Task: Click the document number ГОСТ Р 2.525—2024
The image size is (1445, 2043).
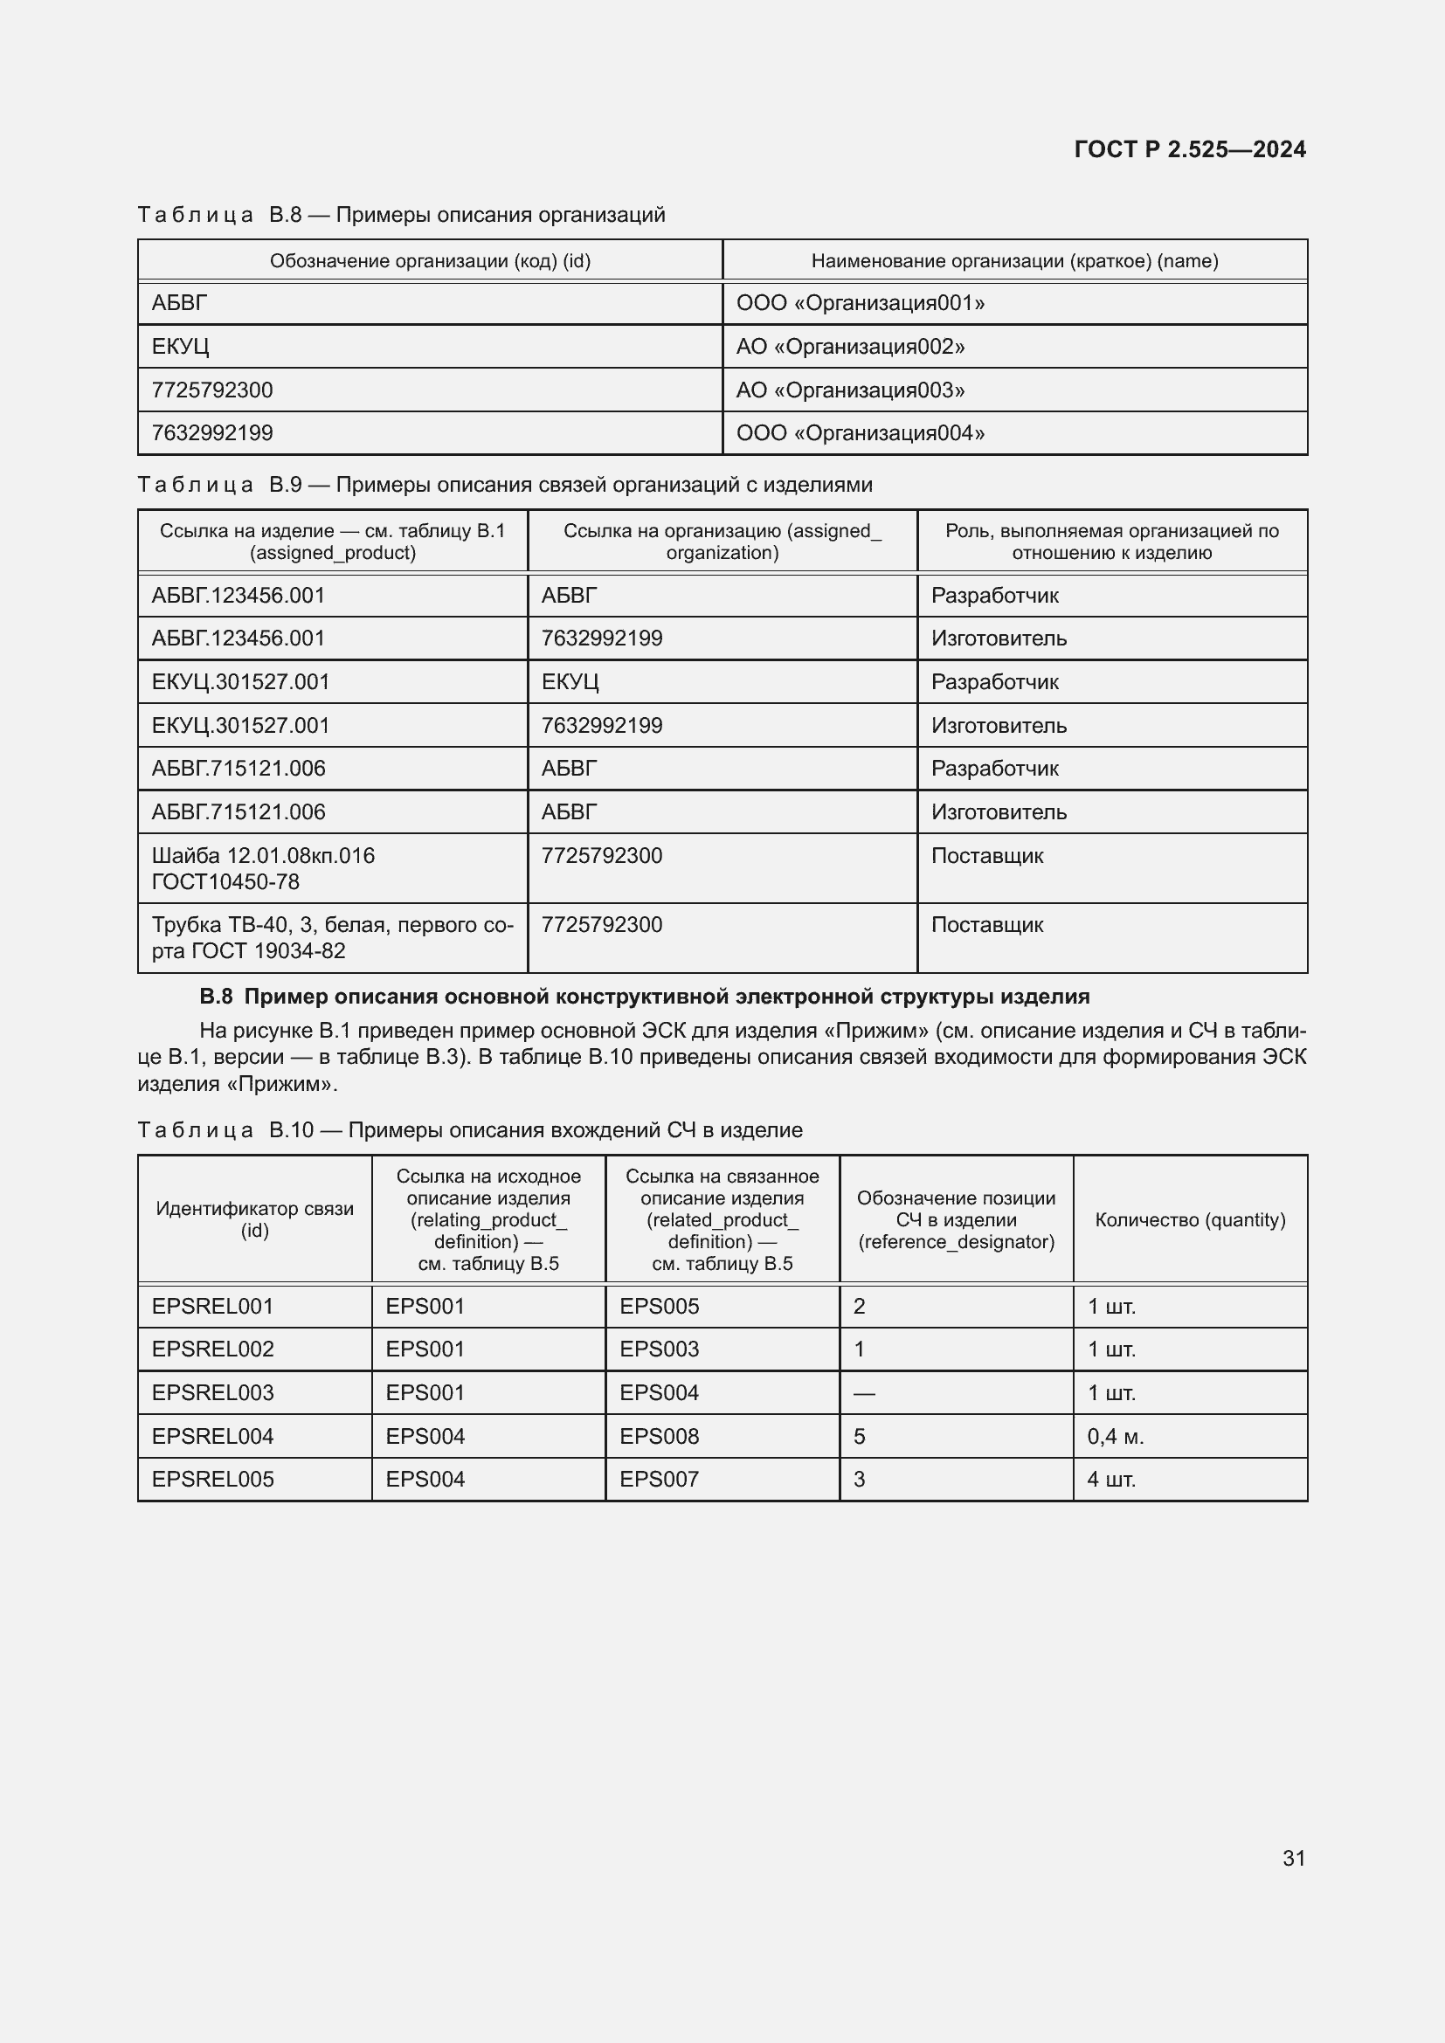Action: pos(1189,148)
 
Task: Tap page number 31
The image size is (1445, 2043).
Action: pos(1293,1858)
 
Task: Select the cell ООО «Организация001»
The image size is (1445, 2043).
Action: pos(860,303)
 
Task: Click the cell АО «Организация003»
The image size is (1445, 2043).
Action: pos(850,390)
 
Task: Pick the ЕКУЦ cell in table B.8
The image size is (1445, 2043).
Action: pos(181,346)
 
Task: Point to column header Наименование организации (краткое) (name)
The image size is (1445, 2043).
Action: pos(1014,260)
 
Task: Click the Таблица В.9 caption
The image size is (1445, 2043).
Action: pos(504,485)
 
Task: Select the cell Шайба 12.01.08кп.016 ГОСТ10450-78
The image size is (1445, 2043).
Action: pos(262,868)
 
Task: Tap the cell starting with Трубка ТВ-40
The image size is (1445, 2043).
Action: pos(332,938)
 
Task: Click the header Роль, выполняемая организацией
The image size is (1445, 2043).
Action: pos(1111,541)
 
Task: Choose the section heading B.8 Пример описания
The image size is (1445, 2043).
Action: pos(644,997)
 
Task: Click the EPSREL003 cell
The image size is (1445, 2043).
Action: pos(212,1392)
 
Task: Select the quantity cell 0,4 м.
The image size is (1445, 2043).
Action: pos(1115,1436)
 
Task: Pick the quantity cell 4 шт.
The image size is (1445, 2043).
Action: pos(1111,1479)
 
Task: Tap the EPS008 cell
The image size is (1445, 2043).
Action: pos(660,1436)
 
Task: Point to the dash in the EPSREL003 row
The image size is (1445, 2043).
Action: pos(864,1393)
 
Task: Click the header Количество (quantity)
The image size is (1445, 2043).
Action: pos(1190,1220)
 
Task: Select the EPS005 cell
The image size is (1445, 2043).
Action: pos(660,1306)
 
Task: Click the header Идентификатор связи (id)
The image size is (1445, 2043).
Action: pos(254,1219)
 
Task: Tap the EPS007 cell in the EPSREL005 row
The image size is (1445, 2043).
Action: pos(660,1479)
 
